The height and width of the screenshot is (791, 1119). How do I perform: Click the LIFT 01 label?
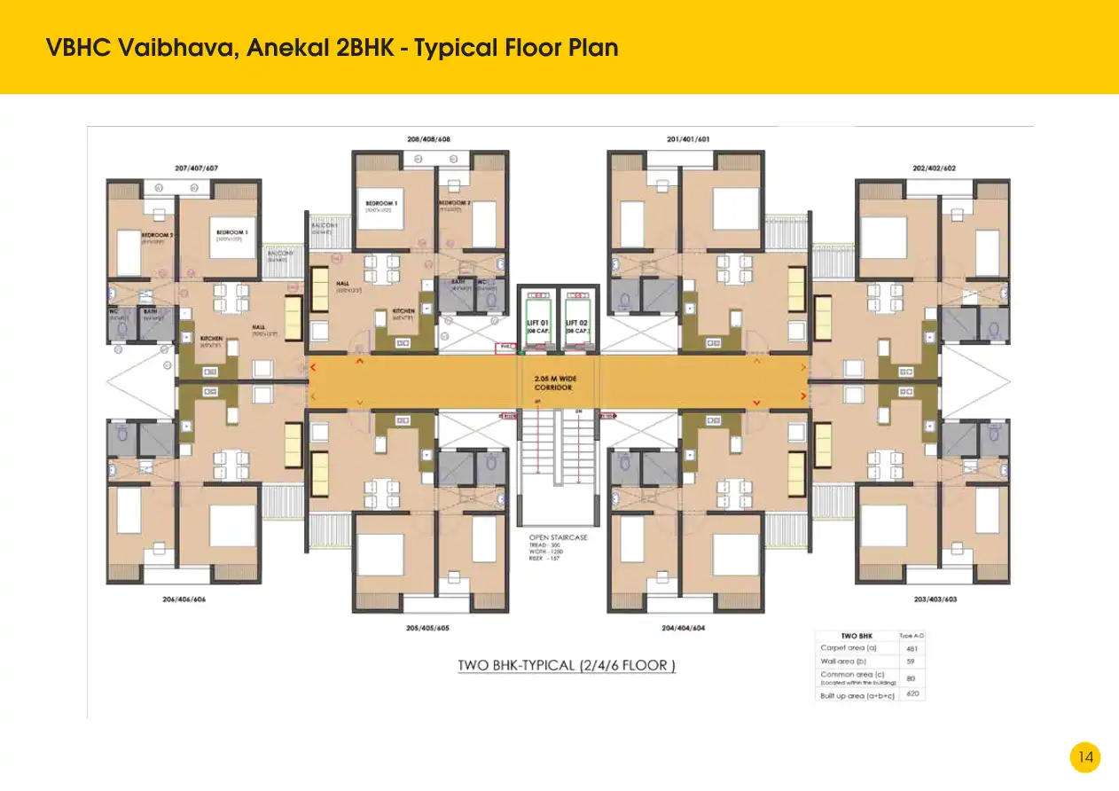pyautogui.click(x=536, y=325)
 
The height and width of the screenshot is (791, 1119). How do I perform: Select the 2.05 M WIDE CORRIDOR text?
pyautogui.click(x=555, y=383)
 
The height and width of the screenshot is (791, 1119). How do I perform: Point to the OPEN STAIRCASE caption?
pyautogui.click(x=558, y=537)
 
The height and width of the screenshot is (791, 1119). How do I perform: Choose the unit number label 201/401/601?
pyautogui.click(x=688, y=139)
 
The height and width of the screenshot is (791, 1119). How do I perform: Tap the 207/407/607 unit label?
pyautogui.click(x=196, y=168)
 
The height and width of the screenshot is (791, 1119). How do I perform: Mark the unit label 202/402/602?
pyautogui.click(x=933, y=168)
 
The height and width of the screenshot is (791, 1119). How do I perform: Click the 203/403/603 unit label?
pyautogui.click(x=935, y=599)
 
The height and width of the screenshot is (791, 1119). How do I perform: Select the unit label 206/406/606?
pyautogui.click(x=184, y=599)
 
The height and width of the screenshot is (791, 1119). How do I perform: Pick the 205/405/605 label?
pyautogui.click(x=427, y=628)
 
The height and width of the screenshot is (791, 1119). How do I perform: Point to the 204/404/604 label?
pyautogui.click(x=683, y=628)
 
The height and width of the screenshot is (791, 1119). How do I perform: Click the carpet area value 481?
pyautogui.click(x=912, y=648)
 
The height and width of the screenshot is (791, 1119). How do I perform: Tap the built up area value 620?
pyautogui.click(x=912, y=693)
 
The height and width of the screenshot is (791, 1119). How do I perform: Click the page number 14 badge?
pyautogui.click(x=1085, y=757)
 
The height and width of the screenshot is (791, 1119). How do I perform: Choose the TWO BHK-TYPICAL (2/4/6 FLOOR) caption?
pyautogui.click(x=567, y=665)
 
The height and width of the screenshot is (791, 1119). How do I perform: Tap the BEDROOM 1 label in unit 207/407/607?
pyautogui.click(x=232, y=233)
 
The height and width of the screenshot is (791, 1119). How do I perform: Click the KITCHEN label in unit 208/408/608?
pyautogui.click(x=403, y=311)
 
